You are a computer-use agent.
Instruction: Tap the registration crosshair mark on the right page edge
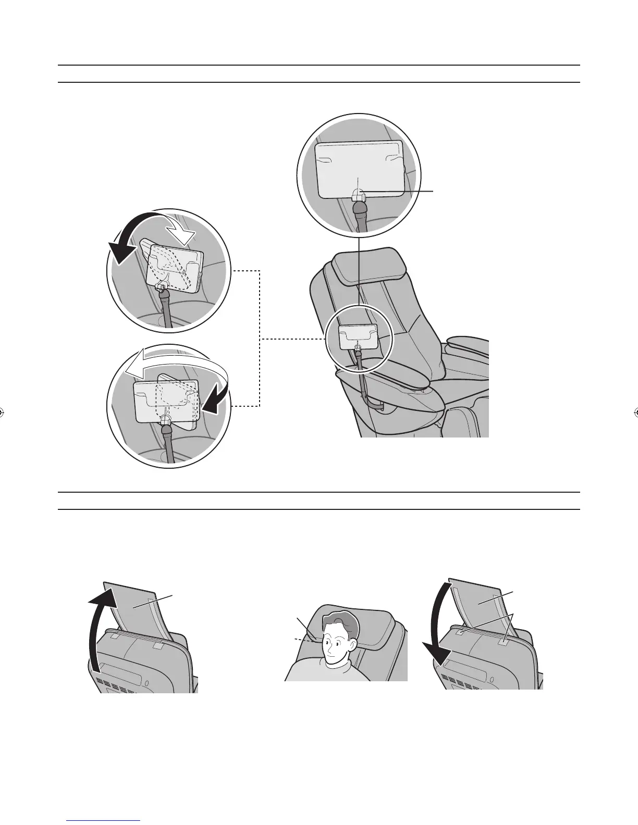tap(635, 413)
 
